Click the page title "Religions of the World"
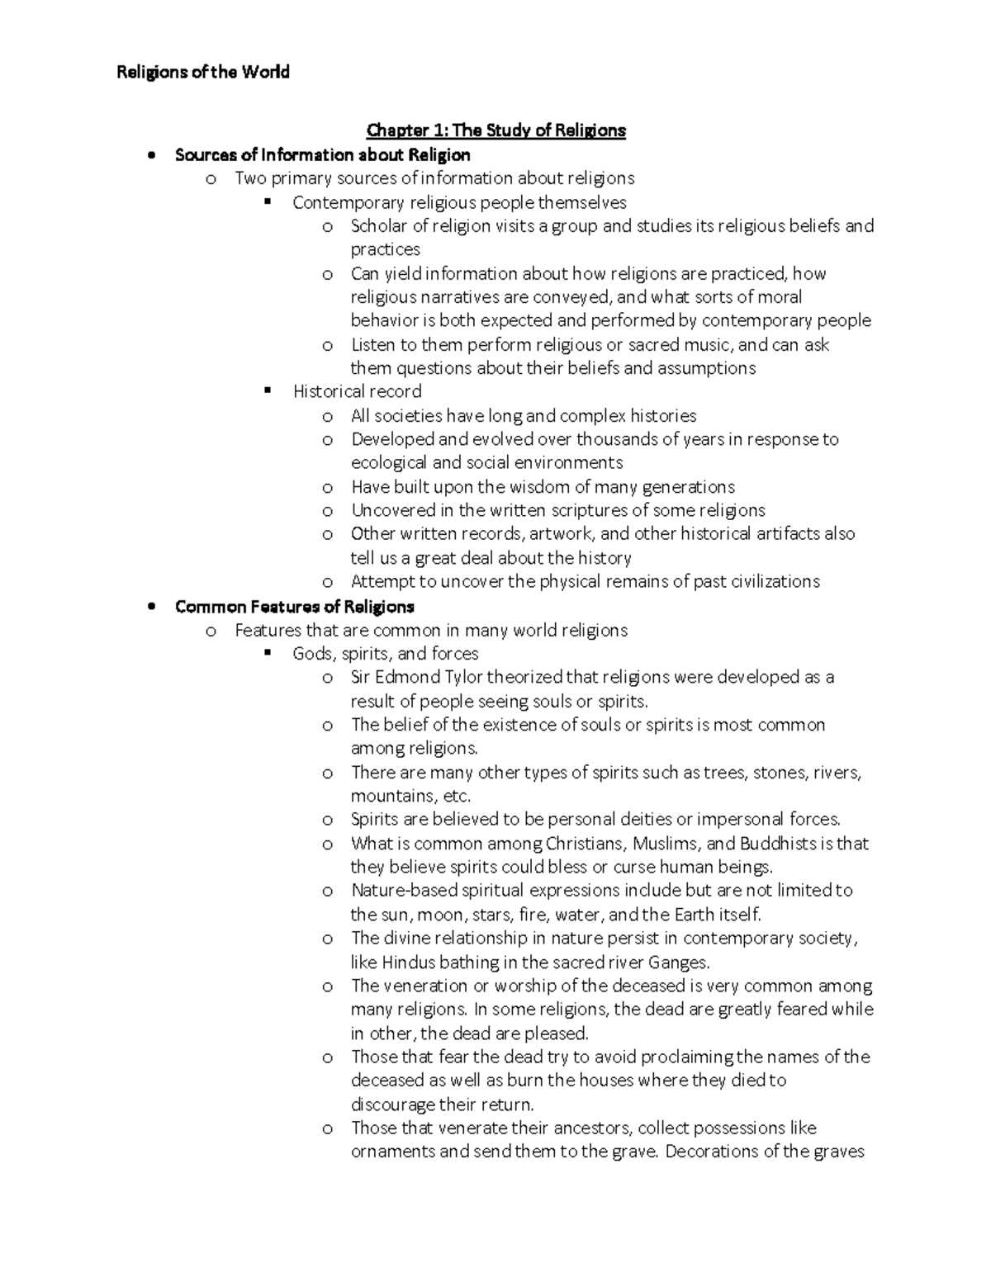(203, 73)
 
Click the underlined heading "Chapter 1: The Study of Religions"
(495, 130)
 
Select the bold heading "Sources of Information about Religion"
(322, 154)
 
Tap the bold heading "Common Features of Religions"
(294, 607)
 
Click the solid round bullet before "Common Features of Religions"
(150, 608)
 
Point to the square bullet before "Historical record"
(267, 391)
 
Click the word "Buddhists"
(777, 844)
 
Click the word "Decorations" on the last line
(711, 1152)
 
